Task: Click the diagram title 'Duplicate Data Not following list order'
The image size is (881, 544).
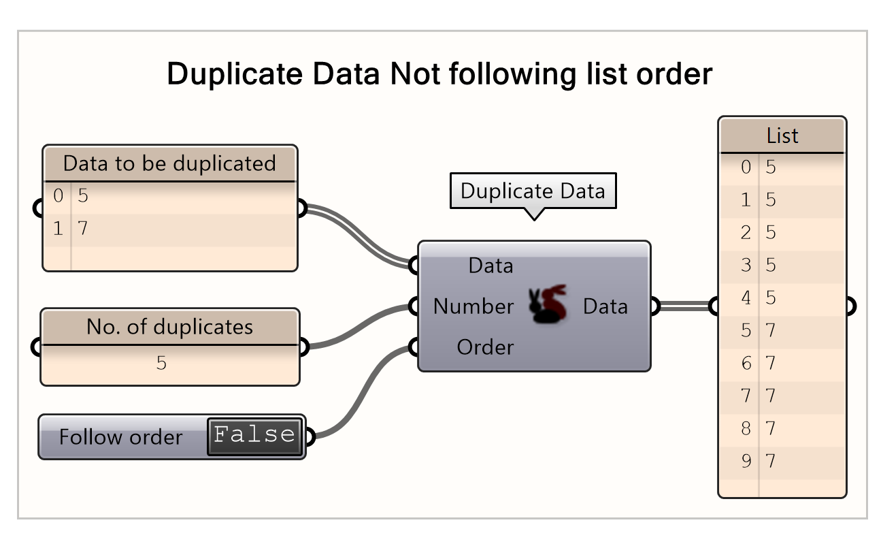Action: pyautogui.click(x=439, y=74)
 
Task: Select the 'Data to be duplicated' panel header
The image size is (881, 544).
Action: pyautogui.click(x=169, y=163)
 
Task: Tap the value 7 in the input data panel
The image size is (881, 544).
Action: pyautogui.click(x=82, y=229)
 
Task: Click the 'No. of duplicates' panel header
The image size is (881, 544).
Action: pyautogui.click(x=169, y=327)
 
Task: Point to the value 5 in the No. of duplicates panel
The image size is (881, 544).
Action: pyautogui.click(x=161, y=363)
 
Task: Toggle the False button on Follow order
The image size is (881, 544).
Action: pyautogui.click(x=254, y=436)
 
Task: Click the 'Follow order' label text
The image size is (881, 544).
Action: pyautogui.click(x=120, y=436)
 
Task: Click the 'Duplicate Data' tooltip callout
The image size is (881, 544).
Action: pyautogui.click(x=533, y=191)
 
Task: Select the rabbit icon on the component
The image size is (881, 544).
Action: pyautogui.click(x=548, y=304)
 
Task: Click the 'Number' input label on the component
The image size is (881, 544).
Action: pyautogui.click(x=473, y=306)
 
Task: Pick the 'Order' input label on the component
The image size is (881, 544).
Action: pyautogui.click(x=485, y=347)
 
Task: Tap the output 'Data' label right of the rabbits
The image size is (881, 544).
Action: pyautogui.click(x=605, y=306)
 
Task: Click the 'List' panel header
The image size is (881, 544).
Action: pyautogui.click(x=782, y=135)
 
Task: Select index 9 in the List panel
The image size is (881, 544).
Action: pyautogui.click(x=746, y=461)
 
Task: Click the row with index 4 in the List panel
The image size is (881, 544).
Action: pyautogui.click(x=782, y=298)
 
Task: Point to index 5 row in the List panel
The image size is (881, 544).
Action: pyautogui.click(x=782, y=330)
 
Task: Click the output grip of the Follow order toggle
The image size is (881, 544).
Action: pyautogui.click(x=310, y=436)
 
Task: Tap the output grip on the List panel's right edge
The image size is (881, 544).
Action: pyautogui.click(x=850, y=306)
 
